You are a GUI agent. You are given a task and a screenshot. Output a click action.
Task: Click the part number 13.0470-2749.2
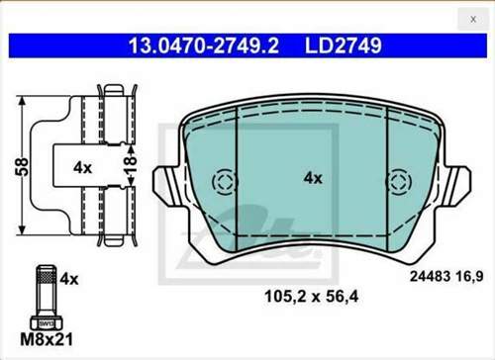click(x=204, y=45)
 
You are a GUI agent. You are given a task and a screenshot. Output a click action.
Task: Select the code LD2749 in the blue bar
click(x=344, y=45)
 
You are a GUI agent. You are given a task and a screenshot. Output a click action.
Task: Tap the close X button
click(x=473, y=20)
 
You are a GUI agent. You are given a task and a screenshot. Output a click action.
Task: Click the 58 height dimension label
click(x=24, y=166)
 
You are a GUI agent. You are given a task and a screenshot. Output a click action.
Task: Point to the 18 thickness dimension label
click(x=130, y=164)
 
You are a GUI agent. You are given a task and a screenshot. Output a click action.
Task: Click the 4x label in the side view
click(x=82, y=168)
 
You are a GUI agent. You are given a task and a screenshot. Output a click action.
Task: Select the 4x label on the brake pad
click(x=313, y=178)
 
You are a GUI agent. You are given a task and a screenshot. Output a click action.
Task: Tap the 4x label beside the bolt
click(x=69, y=279)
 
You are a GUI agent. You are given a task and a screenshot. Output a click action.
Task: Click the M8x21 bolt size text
click(x=47, y=339)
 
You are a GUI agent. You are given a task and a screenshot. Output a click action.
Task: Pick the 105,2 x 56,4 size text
click(x=311, y=297)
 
